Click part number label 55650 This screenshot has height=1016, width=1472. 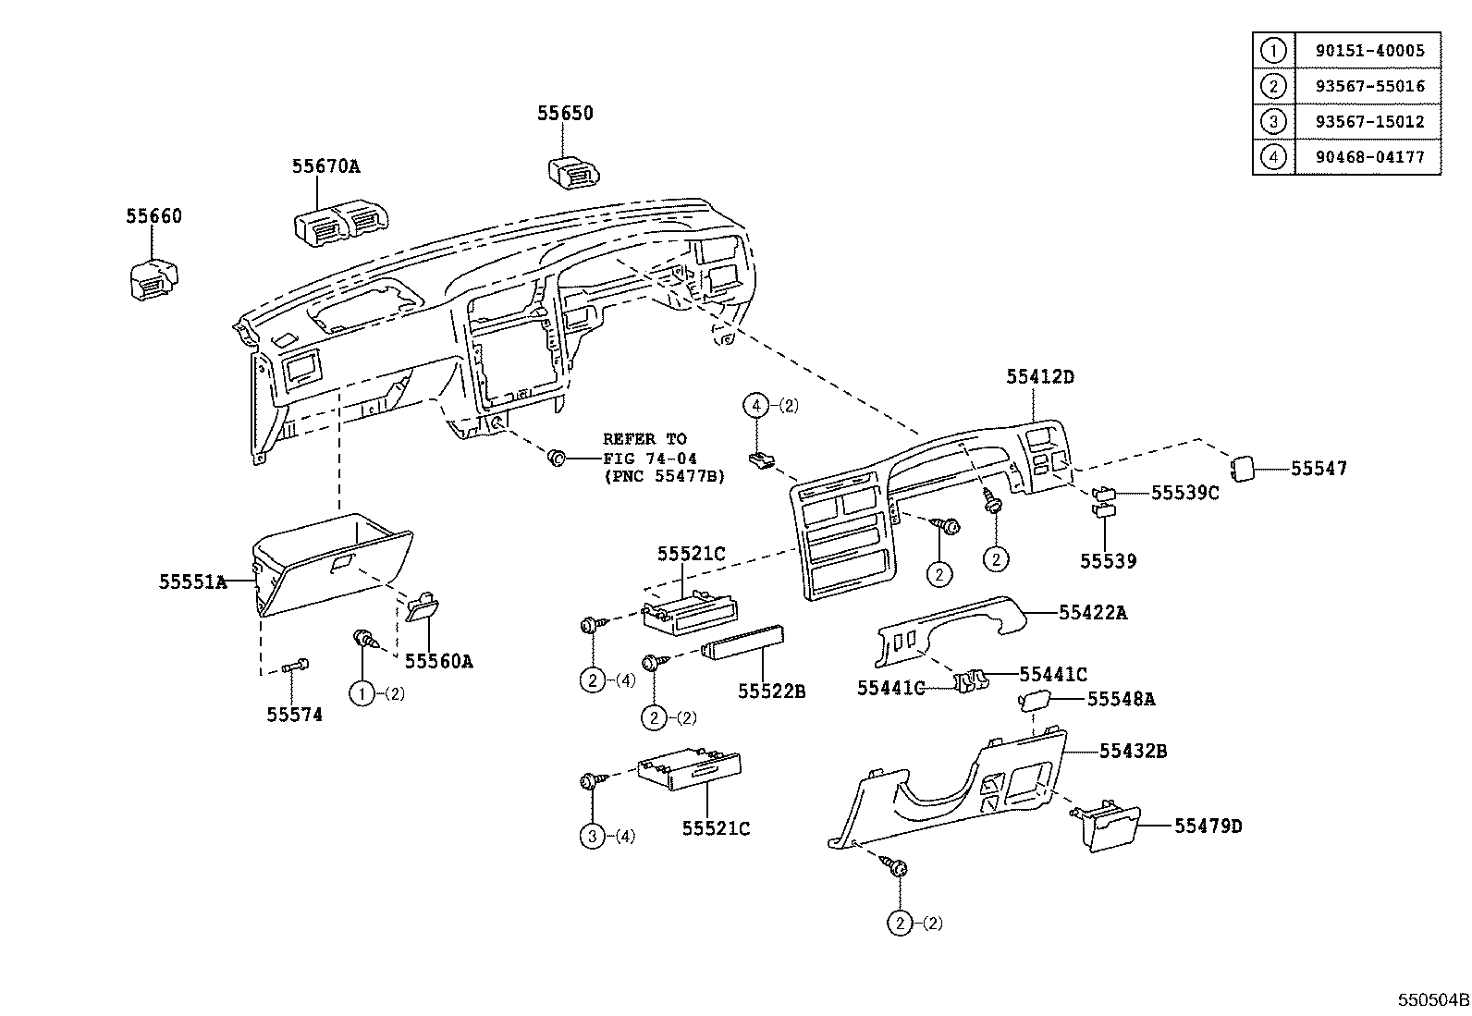[x=565, y=113]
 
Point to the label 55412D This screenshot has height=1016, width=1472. [x=1040, y=377]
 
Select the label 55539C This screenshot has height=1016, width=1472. [x=1184, y=493]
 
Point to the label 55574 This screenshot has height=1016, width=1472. [x=294, y=715]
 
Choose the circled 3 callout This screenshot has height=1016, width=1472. [x=591, y=837]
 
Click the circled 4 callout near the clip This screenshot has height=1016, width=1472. [x=757, y=404]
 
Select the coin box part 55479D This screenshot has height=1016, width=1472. [x=1112, y=827]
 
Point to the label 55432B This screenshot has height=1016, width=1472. [x=1133, y=752]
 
